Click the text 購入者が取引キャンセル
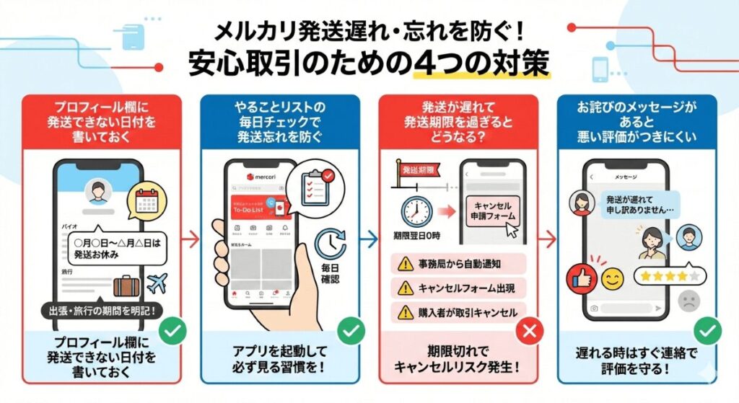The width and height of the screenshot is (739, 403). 467,311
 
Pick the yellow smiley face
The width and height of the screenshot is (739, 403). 613,278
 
